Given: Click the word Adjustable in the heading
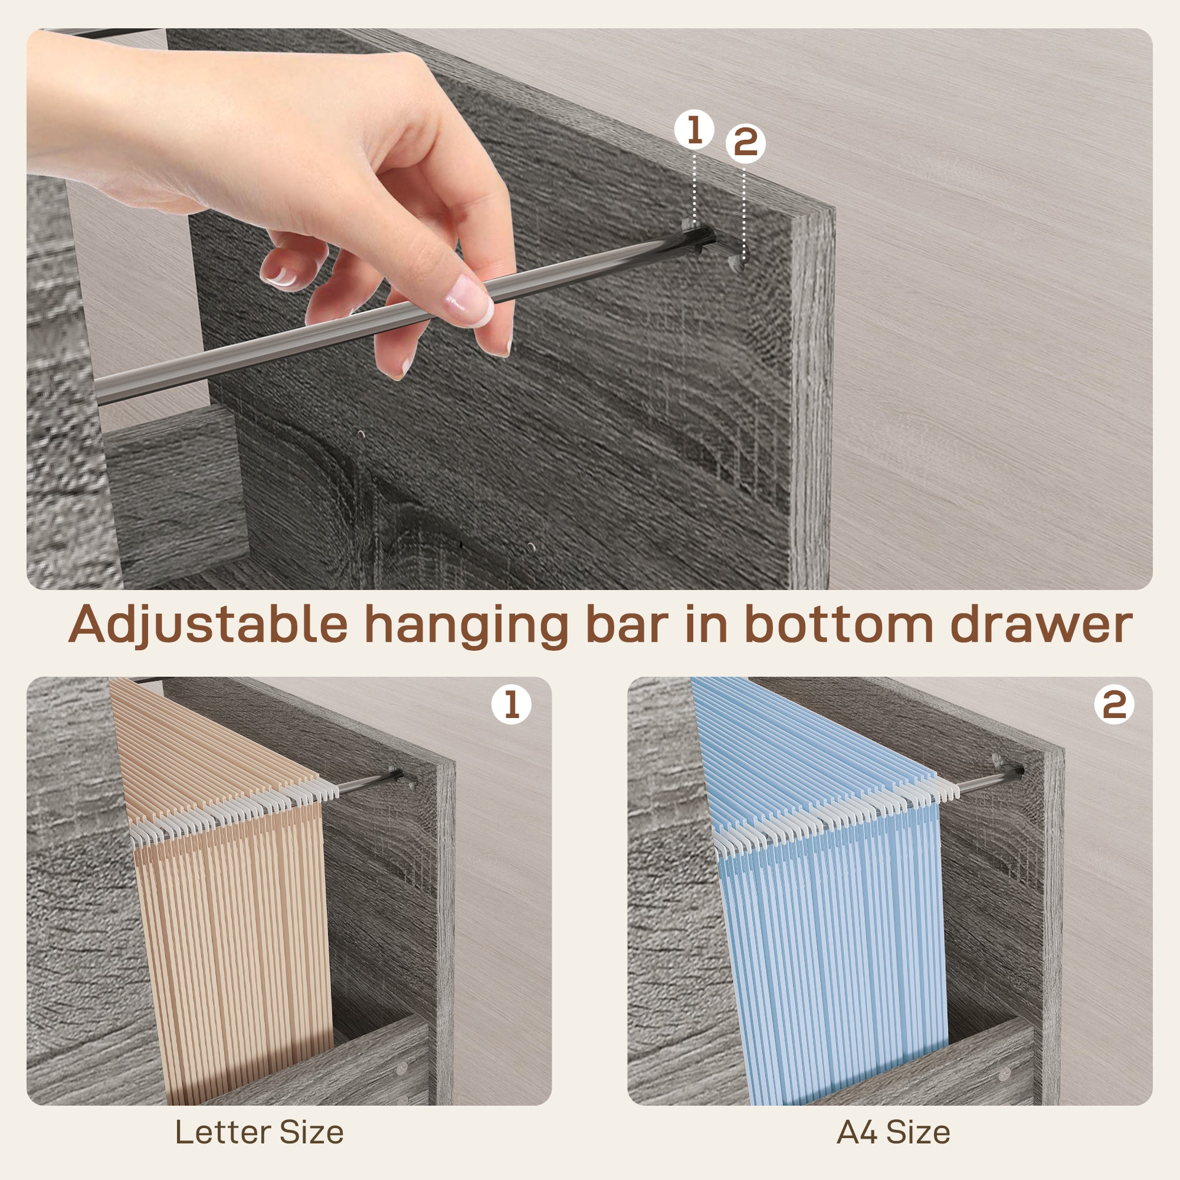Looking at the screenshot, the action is [x=208, y=625].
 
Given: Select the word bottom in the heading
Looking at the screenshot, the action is [x=839, y=625].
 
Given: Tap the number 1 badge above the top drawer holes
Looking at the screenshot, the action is [x=694, y=130].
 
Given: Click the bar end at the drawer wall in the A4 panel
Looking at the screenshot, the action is [x=1017, y=771].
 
